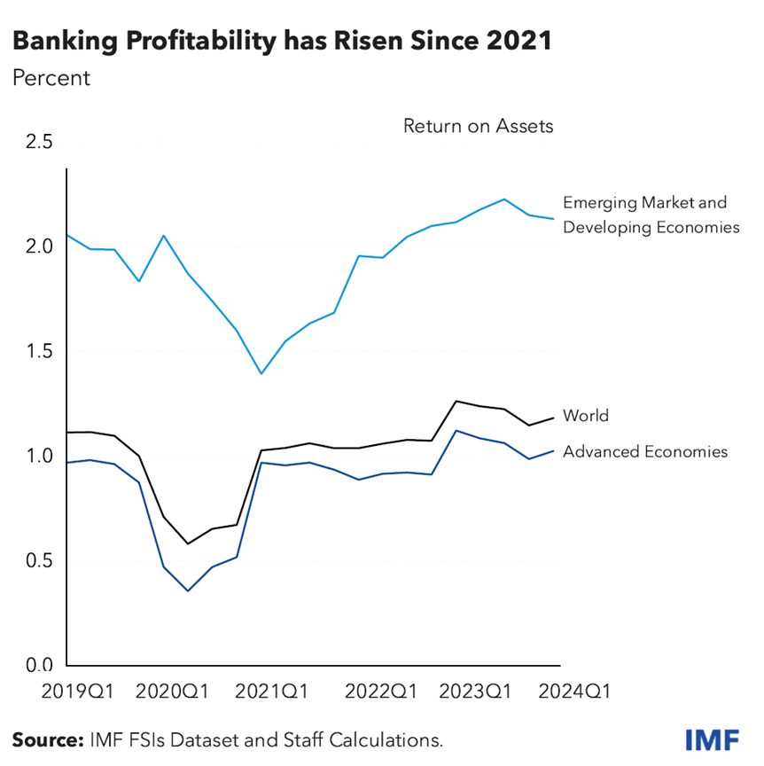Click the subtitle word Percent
coord(51,77)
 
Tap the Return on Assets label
coord(478,126)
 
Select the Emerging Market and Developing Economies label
coord(650,215)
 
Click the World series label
coord(586,415)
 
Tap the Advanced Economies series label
coord(644,452)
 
